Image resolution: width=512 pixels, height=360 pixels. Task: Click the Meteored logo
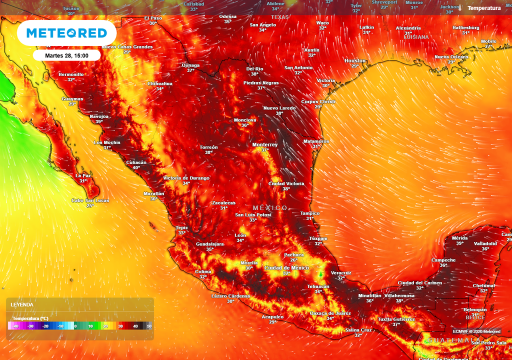pyautogui.click(x=66, y=33)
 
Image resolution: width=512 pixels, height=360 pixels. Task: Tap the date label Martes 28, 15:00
pyautogui.click(x=66, y=55)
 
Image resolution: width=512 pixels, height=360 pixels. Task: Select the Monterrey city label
pyautogui.click(x=265, y=144)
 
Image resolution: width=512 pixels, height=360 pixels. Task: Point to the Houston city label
pyautogui.click(x=355, y=60)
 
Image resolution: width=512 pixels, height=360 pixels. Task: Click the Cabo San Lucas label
pyautogui.click(x=90, y=200)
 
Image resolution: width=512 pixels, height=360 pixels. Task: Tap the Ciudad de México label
pyautogui.click(x=286, y=268)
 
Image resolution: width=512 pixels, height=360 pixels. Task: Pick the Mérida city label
pyautogui.click(x=459, y=238)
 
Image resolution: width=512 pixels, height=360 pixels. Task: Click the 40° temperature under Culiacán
pyautogui.click(x=136, y=167)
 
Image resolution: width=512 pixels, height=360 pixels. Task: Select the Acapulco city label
pyautogui.click(x=273, y=316)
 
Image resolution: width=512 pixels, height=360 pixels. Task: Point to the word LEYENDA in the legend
pyautogui.click(x=22, y=304)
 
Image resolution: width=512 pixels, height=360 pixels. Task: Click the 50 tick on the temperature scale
pyautogui.click(x=149, y=326)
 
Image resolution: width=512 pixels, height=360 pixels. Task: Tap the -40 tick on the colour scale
pyautogui.click(x=15, y=326)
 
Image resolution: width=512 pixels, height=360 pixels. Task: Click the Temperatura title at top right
pyautogui.click(x=484, y=8)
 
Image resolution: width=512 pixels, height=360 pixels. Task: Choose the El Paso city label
pyautogui.click(x=153, y=18)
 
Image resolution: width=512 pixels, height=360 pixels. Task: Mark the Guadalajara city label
pyautogui.click(x=209, y=243)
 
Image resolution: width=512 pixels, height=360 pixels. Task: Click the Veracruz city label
pyautogui.click(x=341, y=273)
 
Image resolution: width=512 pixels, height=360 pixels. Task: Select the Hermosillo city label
pyautogui.click(x=71, y=74)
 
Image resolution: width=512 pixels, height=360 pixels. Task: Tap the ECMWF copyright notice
pyautogui.click(x=476, y=331)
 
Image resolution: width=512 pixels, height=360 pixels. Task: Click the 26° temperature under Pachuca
pyautogui.click(x=294, y=260)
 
